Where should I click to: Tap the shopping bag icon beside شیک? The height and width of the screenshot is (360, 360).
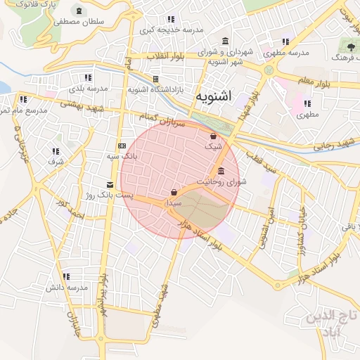pos(213,136)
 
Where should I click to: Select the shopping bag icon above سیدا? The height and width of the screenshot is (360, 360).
pos(174,192)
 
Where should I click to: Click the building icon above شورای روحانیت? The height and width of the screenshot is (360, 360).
pos(221,172)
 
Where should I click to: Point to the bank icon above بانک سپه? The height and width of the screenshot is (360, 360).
pos(122,146)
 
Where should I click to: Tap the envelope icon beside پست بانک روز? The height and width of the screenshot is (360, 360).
pos(109,184)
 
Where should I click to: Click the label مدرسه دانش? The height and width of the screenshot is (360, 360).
pos(67,288)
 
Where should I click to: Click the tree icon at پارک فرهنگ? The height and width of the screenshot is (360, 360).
pos(350,46)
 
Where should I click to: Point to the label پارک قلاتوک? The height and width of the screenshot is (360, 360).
pos(36,5)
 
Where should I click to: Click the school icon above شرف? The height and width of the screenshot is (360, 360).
pos(55,151)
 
